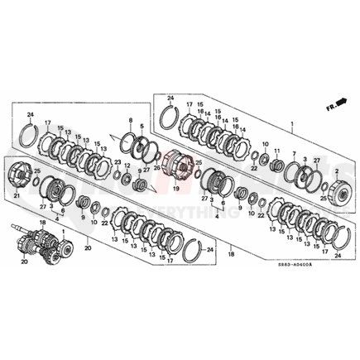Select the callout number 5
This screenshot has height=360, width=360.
(x=142, y=126)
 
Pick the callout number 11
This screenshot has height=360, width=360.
(x=276, y=151)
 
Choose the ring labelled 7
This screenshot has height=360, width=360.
(x=296, y=173)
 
